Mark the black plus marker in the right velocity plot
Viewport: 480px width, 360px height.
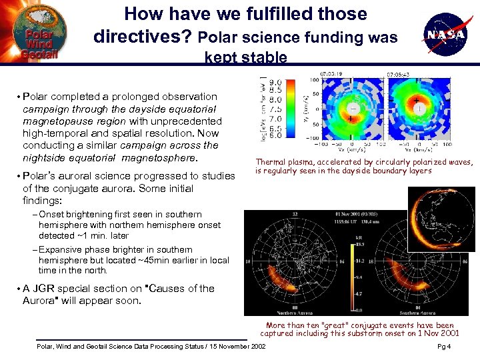coord(417,101)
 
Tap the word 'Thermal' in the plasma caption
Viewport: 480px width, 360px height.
coord(271,162)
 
